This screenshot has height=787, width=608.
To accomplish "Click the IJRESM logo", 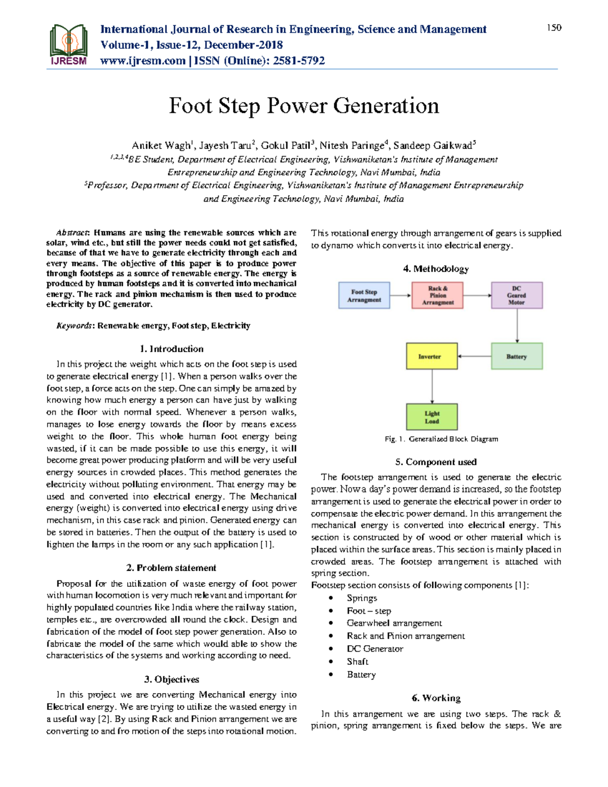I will pyautogui.click(x=68, y=45).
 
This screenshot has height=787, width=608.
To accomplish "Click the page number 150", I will pyautogui.click(x=554, y=28).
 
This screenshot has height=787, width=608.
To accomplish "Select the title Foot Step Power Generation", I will pyautogui.click(x=304, y=106).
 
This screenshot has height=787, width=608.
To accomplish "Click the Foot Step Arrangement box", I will pyautogui.click(x=364, y=295).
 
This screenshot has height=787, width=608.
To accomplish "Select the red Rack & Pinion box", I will pyautogui.click(x=438, y=295).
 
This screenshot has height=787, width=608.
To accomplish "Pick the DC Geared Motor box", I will pyautogui.click(x=516, y=295).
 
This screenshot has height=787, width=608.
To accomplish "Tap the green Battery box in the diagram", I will pyautogui.click(x=516, y=356).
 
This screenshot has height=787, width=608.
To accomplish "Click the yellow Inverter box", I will pyautogui.click(x=432, y=356).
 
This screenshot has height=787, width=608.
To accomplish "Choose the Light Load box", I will pyautogui.click(x=432, y=417).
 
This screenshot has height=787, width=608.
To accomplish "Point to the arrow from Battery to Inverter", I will pyautogui.click(x=474, y=356).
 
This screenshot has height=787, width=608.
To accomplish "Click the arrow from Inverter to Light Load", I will pyautogui.click(x=432, y=387).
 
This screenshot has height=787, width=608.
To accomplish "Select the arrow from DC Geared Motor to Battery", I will pyautogui.click(x=517, y=326).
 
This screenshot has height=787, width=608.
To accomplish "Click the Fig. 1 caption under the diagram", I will pyautogui.click(x=441, y=439).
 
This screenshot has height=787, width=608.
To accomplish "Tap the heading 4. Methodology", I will pyautogui.click(x=436, y=269).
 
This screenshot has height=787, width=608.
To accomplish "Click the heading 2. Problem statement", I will pyautogui.click(x=171, y=568).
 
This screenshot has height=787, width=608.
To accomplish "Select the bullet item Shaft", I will pyautogui.click(x=358, y=662).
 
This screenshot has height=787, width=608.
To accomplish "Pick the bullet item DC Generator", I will pyautogui.click(x=375, y=649).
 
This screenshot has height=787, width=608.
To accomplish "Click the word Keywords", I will pyautogui.click(x=74, y=326).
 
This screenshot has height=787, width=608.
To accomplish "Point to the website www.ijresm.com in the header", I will pyautogui.click(x=143, y=61).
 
